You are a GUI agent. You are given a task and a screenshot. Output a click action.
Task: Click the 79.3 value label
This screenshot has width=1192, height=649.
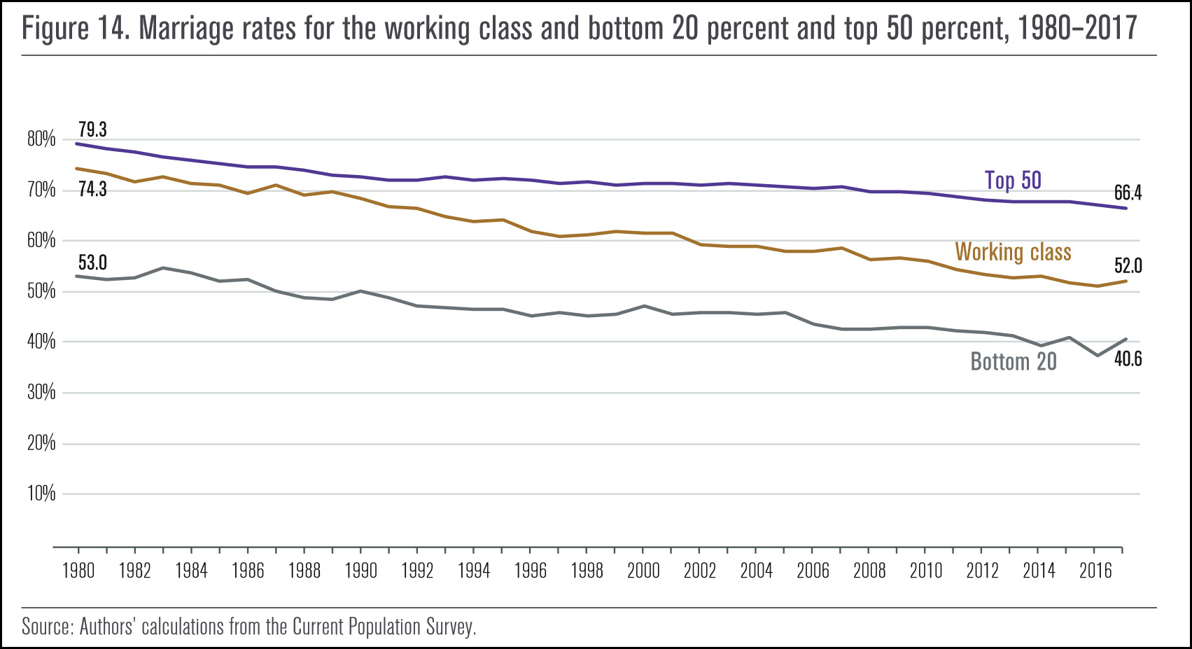point(92,130)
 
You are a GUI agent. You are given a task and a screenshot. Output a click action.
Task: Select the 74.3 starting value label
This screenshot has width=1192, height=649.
point(92,189)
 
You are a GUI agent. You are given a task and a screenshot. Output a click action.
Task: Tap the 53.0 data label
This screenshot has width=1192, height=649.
point(92,263)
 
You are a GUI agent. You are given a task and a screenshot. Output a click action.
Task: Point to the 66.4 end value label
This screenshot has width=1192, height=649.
point(1128,193)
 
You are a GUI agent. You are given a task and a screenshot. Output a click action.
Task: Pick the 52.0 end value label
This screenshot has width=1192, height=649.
point(1128,266)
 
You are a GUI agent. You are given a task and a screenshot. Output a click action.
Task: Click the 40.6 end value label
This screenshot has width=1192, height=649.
point(1128,359)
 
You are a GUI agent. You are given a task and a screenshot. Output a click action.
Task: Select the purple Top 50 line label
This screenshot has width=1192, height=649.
point(1013,181)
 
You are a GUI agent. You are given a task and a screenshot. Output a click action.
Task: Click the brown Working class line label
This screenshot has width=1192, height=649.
point(1013,252)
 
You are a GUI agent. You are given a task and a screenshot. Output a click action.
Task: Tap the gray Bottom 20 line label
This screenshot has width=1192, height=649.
point(1013,362)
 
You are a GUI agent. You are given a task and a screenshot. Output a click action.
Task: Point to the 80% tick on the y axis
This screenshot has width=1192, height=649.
point(41,139)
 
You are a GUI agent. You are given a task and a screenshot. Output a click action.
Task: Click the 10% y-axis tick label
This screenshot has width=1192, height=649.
point(41,494)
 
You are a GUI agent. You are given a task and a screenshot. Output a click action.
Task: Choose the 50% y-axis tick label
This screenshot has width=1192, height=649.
point(41,291)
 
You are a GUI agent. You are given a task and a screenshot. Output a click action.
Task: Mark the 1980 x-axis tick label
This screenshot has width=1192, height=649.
point(78,571)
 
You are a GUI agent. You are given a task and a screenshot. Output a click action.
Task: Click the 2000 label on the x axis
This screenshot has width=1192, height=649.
point(643,571)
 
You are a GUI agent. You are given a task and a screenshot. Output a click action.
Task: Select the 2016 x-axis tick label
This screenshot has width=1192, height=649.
point(1095,571)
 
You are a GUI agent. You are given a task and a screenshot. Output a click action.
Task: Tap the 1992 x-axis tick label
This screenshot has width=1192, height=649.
point(417,571)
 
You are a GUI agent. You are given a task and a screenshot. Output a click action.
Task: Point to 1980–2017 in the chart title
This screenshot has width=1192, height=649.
point(1077,29)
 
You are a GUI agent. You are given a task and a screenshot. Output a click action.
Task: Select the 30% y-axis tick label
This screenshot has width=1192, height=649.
point(41,392)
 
